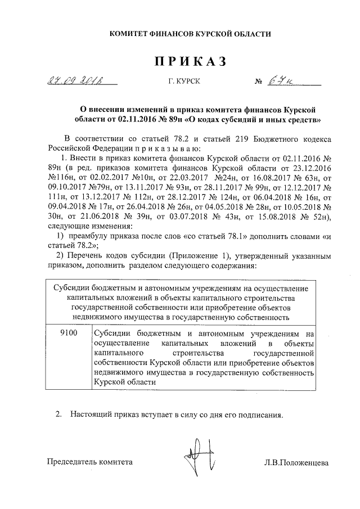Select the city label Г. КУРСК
pos(183,82)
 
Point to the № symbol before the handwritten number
pos(259,82)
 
